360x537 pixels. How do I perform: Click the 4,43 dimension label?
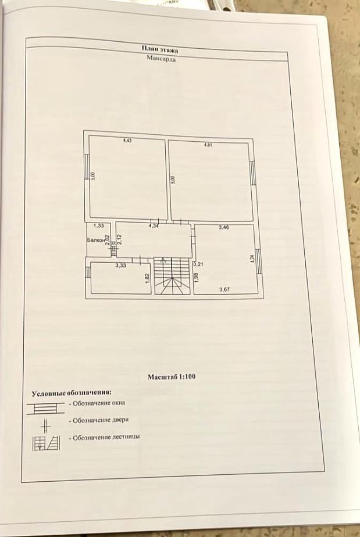[127, 141]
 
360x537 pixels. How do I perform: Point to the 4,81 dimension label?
[208, 145]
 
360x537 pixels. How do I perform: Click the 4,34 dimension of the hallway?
[154, 225]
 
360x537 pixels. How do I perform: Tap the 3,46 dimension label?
[223, 228]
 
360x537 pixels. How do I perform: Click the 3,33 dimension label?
[120, 266]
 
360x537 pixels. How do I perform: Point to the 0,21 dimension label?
[198, 263]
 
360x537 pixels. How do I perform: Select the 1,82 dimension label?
[147, 277]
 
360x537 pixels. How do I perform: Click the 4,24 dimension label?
[252, 258]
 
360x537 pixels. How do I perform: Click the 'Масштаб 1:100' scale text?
[172, 377]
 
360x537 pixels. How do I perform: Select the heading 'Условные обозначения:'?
[71, 393]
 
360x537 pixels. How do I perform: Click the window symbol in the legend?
[45, 407]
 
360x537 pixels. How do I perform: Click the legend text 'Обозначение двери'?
[98, 420]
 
